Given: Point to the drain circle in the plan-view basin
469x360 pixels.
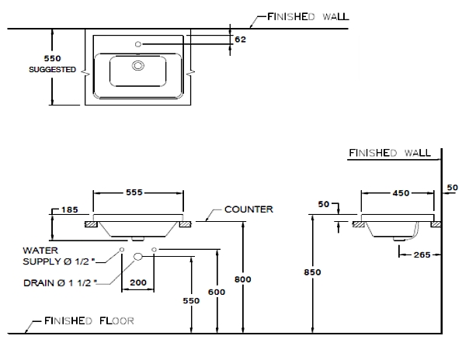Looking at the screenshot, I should click(x=138, y=67).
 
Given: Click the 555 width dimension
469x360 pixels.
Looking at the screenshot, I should click(x=138, y=192).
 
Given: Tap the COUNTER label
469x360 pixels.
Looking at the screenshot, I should click(x=248, y=209).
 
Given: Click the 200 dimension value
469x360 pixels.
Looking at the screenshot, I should click(x=140, y=283).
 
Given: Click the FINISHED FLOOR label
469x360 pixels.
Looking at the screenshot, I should click(x=89, y=320).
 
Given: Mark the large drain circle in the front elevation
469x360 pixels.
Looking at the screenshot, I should click(x=138, y=255).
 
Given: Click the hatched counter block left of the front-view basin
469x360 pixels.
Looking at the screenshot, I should click(x=89, y=224).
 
